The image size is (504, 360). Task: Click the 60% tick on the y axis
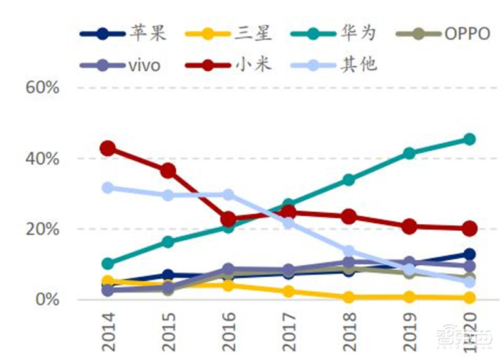click(x=43, y=88)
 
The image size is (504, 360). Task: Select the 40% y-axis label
click(x=43, y=158)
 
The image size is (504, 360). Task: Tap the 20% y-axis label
click(x=43, y=229)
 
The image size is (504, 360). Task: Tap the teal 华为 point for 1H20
click(x=469, y=139)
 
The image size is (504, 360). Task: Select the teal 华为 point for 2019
click(x=409, y=153)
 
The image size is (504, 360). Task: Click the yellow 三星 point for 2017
click(x=289, y=291)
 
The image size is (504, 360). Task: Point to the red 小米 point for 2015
click(x=168, y=171)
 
